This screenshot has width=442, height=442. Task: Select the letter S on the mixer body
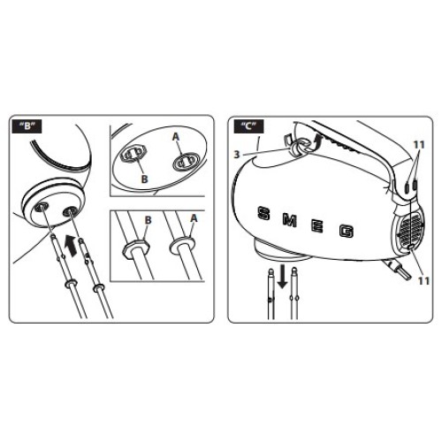click(263, 213)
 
